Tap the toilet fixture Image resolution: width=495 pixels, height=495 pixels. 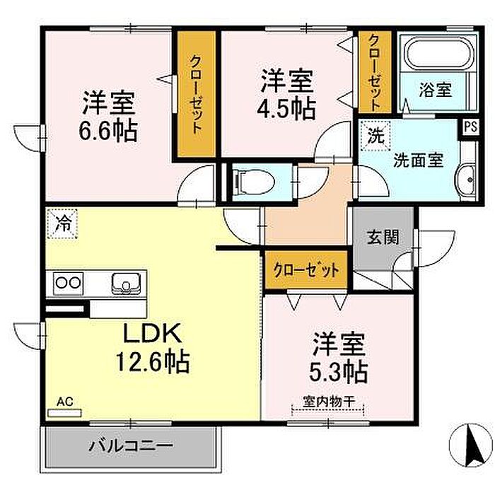tap(253, 182)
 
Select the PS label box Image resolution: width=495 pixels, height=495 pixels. tap(471, 127)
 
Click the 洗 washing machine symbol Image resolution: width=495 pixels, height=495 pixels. tap(375, 136)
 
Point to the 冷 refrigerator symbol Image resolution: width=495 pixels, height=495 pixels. tap(62, 223)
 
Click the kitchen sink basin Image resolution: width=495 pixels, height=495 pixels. tap(126, 283)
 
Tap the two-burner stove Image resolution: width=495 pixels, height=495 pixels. tap(68, 283)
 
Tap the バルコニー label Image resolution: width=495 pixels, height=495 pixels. tap(131, 446)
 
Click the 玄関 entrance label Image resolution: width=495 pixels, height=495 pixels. tap(383, 237)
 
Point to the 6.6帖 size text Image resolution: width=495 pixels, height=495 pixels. tap(108, 130)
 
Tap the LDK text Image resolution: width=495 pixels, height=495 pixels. tap(153, 333)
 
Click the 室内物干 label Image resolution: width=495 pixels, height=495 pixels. tap(329, 401)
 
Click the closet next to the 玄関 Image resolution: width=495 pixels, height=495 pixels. tap(306, 270)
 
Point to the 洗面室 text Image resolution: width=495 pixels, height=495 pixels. tap(419, 161)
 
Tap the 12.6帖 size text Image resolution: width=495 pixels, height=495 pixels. tap(153, 362)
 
